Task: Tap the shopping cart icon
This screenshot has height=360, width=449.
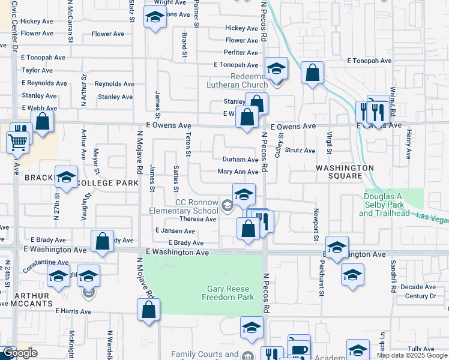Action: pyautogui.click(x=17, y=142)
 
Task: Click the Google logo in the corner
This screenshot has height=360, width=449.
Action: pyautogui.click(x=20, y=353)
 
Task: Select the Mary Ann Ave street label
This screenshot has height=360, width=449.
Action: pyautogui.click(x=238, y=172)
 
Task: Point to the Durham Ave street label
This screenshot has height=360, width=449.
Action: pyautogui.click(x=240, y=160)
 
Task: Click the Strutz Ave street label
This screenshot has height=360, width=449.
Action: pyautogui.click(x=300, y=151)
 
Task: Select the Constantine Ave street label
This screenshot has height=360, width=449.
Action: pyautogui.click(x=46, y=262)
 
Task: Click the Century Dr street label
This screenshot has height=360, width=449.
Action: pyautogui.click(x=420, y=296)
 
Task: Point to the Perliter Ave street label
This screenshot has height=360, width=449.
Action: pyautogui.click(x=241, y=53)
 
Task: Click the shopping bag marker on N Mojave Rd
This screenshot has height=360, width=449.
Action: pyautogui.click(x=148, y=310)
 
